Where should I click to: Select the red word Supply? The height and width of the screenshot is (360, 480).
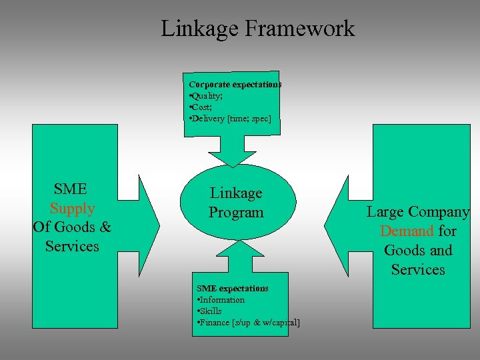(x=72, y=209)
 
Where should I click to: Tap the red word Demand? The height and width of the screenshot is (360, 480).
(x=407, y=231)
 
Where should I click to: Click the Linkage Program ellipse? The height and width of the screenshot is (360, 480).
(x=237, y=202)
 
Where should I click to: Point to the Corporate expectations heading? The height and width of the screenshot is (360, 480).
(x=235, y=85)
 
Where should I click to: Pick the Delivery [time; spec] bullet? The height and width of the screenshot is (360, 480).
(x=230, y=118)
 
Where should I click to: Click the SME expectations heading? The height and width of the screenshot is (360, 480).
(x=232, y=288)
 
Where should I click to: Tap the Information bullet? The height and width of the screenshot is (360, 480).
(x=221, y=300)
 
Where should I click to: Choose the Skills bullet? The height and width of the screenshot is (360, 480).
(x=209, y=311)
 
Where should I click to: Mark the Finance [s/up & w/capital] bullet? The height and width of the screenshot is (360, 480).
(x=248, y=323)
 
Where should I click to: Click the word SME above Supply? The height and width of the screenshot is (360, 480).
(x=71, y=189)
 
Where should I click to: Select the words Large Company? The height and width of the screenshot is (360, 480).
(x=418, y=212)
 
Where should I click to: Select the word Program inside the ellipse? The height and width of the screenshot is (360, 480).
(x=236, y=213)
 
